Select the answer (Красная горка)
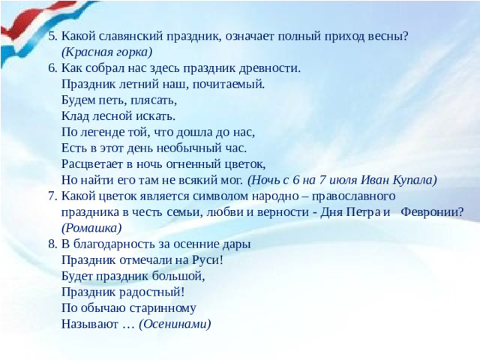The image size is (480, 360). click(x=106, y=52)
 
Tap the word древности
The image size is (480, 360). click(x=271, y=68)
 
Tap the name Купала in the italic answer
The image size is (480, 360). click(x=412, y=180)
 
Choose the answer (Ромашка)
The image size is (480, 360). click(x=91, y=228)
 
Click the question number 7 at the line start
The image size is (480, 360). click(x=52, y=196)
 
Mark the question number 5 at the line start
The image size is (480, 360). click(x=52, y=36)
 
